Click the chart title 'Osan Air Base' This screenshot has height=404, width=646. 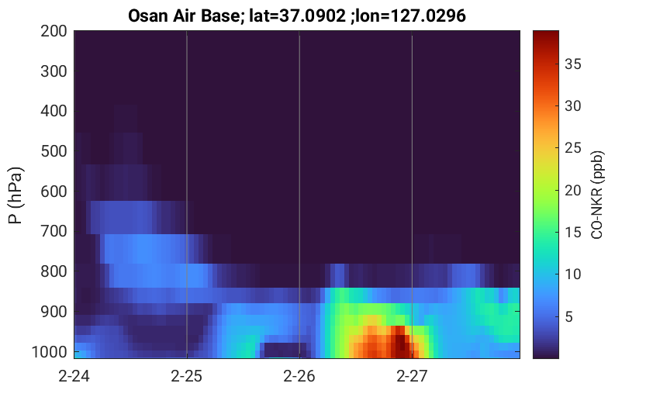point(184,16)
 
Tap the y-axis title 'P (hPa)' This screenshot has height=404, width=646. point(16,195)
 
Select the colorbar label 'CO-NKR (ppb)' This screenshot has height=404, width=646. point(597,195)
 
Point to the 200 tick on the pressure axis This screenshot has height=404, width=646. point(54,31)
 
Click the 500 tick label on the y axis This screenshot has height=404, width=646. point(54,151)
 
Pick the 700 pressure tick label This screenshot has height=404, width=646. point(54,231)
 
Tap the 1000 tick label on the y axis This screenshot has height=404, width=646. point(50,352)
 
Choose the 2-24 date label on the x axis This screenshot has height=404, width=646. point(74,376)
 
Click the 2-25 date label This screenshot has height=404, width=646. point(187,376)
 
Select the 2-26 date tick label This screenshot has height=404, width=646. point(299,376)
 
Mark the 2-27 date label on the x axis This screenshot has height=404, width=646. point(412,376)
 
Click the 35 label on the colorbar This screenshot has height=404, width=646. point(572,64)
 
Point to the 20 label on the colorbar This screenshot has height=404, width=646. point(572,190)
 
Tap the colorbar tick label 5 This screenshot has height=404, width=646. point(569,316)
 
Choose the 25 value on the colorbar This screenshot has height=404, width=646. point(572,148)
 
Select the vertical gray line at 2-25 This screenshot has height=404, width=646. point(187,195)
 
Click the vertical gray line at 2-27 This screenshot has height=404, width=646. point(412,195)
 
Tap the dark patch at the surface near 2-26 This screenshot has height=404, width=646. point(285,350)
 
